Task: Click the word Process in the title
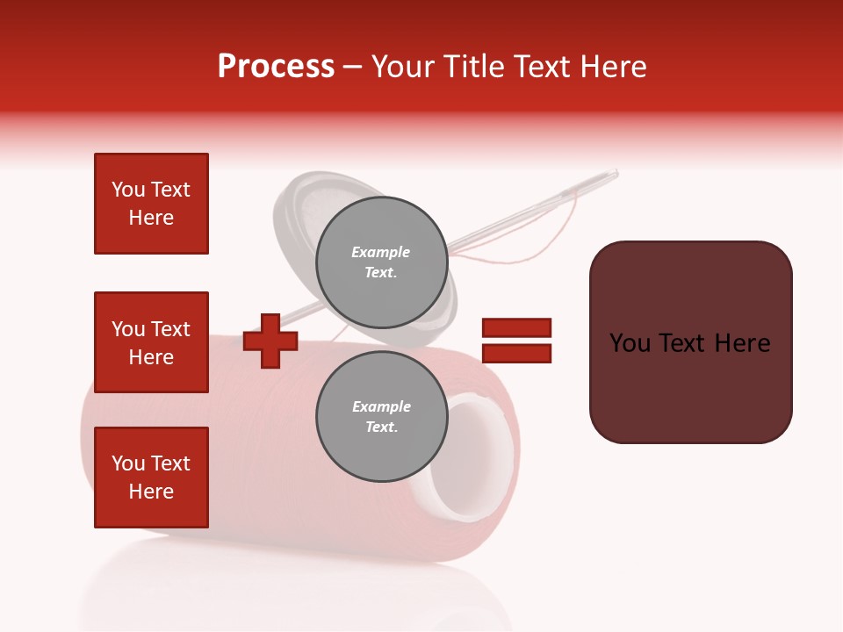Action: [276, 67]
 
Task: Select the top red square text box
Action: [151, 204]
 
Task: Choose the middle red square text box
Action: [151, 342]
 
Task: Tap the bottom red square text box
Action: [151, 478]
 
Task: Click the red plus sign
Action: [270, 341]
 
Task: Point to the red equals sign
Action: [516, 341]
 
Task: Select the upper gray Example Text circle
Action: [381, 262]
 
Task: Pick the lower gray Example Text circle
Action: [381, 416]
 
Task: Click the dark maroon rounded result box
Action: [690, 342]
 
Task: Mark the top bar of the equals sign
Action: [516, 327]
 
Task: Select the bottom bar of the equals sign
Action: [516, 354]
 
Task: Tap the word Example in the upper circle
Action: [381, 252]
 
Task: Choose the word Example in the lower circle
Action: [381, 406]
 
